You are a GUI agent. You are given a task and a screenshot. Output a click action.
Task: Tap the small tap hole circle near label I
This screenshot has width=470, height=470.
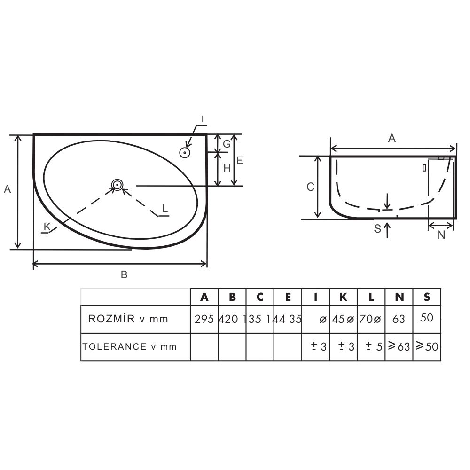pyautogui.click(x=185, y=153)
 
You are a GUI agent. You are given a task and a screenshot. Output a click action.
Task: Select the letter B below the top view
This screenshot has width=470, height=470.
pyautogui.click(x=124, y=274)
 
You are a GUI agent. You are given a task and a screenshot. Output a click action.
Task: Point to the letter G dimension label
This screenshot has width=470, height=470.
pyautogui.click(x=227, y=144)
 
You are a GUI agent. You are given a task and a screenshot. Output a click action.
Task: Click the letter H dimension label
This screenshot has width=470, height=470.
pyautogui.click(x=227, y=168)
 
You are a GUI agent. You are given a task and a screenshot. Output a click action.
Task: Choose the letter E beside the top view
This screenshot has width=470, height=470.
pyautogui.click(x=239, y=160)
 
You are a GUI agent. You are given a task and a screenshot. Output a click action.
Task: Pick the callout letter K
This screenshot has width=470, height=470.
pyautogui.click(x=47, y=227)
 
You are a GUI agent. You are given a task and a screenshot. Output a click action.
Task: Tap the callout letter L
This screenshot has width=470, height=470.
pyautogui.click(x=165, y=208)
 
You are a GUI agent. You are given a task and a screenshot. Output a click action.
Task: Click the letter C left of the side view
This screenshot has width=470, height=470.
pyautogui.click(x=310, y=187)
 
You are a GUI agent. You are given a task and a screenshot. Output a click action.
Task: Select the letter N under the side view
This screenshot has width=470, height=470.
pyautogui.click(x=441, y=235)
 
